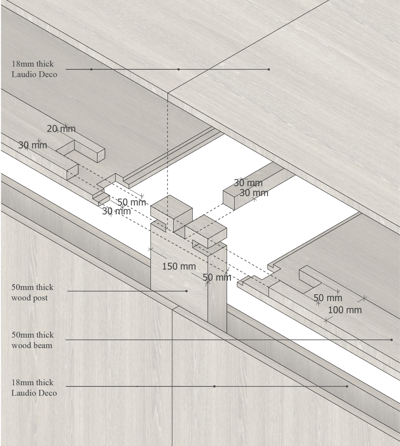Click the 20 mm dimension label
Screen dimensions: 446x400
pos(61,129)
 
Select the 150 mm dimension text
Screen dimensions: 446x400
pos(179,266)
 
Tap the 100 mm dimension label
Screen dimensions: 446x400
pos(345,310)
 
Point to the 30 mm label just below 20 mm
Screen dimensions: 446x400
pos(33,145)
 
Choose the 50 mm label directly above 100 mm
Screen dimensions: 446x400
pos(328,298)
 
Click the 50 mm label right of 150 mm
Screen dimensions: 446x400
pos(217,277)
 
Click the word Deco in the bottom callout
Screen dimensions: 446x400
pos(47,393)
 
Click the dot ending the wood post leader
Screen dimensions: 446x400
pos(186,291)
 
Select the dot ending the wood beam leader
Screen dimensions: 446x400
pos(392,340)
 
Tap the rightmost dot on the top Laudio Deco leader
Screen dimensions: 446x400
pos(269,69)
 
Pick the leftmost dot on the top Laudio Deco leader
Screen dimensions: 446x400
pos(91,69)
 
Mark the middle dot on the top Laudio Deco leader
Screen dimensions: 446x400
pos(178,69)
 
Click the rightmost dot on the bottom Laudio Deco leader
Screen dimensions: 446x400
pos(347,386)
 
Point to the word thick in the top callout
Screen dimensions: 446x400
pos(45,64)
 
